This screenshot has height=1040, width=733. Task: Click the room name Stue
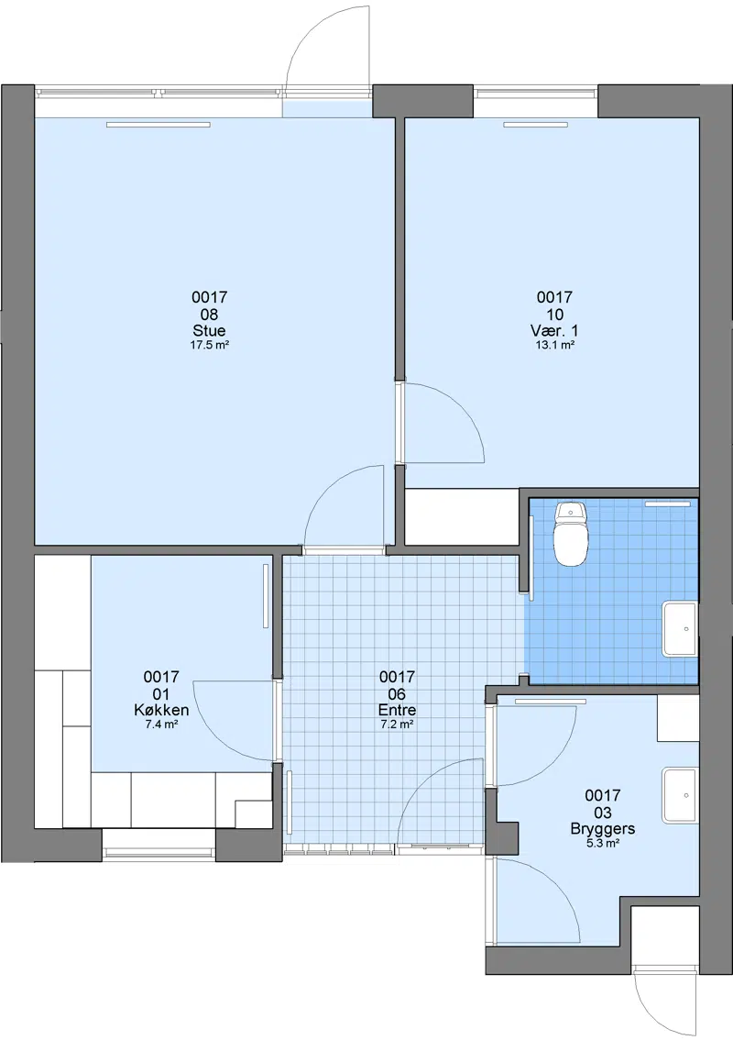coord(210,330)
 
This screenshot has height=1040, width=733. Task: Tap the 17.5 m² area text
coord(210,345)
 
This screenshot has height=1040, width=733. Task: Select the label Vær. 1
coord(554,330)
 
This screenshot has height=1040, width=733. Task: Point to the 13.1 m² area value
coord(554,345)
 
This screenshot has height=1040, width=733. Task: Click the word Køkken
coord(161,710)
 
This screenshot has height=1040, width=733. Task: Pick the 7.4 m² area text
coord(161,725)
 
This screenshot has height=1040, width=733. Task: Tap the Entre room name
coord(397,710)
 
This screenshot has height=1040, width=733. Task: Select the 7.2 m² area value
coord(397,725)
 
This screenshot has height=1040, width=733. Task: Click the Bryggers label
coord(603,828)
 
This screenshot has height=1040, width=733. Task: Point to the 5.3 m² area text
coord(603,843)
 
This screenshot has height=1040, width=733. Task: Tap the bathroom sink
coord(679,629)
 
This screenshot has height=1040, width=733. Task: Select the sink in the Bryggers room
coord(679,795)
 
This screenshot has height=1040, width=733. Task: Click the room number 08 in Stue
coord(210,314)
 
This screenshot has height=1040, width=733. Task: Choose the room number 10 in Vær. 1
coord(554,314)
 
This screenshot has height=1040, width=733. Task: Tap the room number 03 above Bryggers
coord(603,813)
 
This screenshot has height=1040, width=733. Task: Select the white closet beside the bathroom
coord(461,516)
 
